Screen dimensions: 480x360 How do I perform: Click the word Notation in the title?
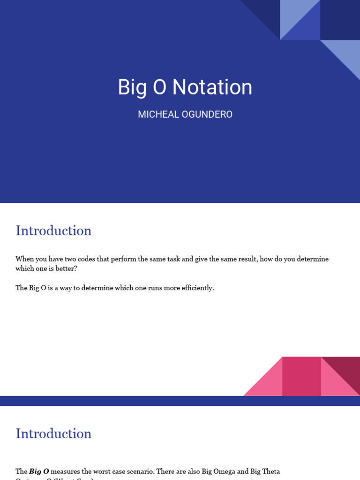tap(212, 87)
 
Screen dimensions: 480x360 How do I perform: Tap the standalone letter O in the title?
tap(159, 87)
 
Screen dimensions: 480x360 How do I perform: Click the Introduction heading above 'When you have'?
tap(53, 231)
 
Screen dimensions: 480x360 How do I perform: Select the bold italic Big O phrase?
tap(39, 471)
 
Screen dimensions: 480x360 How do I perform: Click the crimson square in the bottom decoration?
tap(301, 376)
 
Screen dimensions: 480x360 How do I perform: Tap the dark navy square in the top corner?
tap(340, 20)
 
